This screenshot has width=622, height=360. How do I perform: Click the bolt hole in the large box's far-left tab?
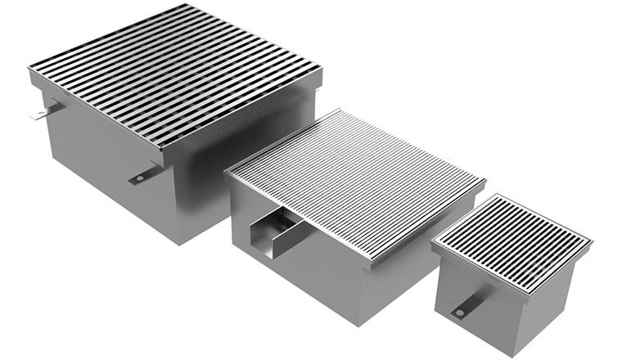(x=38, y=115)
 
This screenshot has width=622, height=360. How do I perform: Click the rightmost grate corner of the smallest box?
(x=591, y=241)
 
